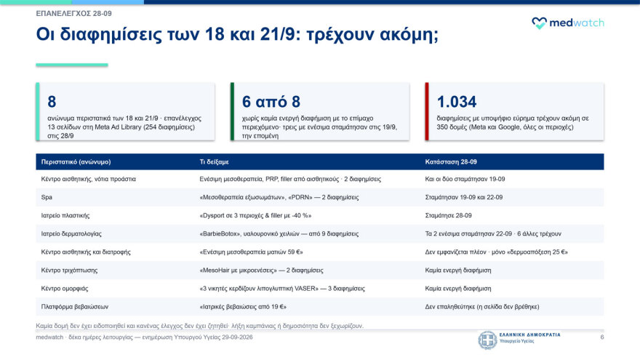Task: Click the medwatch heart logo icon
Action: [539, 23]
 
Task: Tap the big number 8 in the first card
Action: [52, 102]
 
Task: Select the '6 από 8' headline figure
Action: [271, 102]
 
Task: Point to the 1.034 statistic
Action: [456, 102]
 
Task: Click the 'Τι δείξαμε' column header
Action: [215, 161]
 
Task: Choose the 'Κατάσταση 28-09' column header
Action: [451, 161]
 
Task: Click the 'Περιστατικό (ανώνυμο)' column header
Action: [76, 161]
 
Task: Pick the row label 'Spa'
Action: [47, 197]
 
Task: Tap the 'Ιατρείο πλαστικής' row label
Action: [65, 215]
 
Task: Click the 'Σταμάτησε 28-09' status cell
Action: [448, 215]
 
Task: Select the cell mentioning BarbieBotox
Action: [279, 234]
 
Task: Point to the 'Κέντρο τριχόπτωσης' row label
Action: [69, 271]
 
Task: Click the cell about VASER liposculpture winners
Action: [282, 289]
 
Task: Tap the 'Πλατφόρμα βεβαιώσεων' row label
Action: [75, 306]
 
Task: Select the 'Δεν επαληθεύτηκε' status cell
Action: [482, 306]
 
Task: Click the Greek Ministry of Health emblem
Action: [487, 340]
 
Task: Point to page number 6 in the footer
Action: [602, 337]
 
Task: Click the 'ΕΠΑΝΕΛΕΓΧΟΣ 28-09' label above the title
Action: [74, 14]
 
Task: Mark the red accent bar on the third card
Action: [427, 111]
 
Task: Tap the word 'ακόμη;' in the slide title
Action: [409, 34]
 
